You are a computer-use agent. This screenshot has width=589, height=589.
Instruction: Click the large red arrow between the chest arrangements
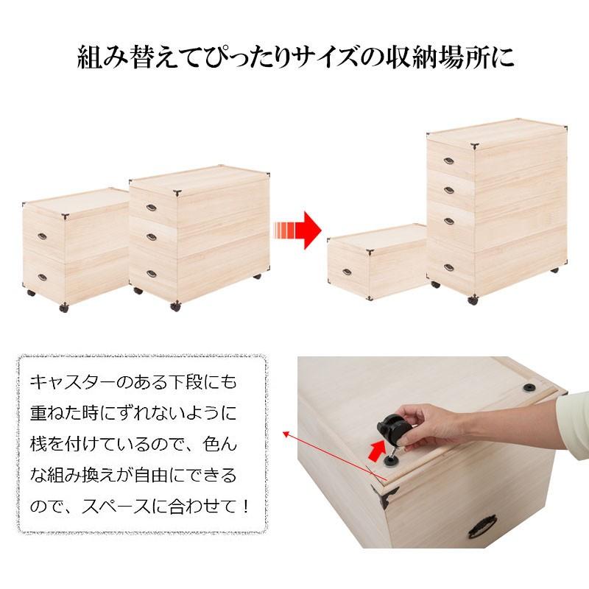pos(303,228)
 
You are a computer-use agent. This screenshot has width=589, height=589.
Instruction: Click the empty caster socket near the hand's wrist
pos(529,387)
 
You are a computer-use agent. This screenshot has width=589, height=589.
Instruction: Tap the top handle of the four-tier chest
pos(448,160)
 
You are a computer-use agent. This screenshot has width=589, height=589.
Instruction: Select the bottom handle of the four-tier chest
pos(448,267)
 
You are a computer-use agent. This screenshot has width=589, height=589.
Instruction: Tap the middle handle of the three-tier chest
pos(152,236)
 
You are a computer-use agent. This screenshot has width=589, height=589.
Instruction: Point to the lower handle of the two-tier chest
pos(42,278)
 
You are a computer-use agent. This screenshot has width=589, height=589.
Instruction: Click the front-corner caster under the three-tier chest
pos(175,306)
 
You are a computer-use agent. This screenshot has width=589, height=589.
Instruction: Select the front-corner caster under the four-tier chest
pos(471,300)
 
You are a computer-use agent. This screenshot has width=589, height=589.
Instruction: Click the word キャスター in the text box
pos(74,384)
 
